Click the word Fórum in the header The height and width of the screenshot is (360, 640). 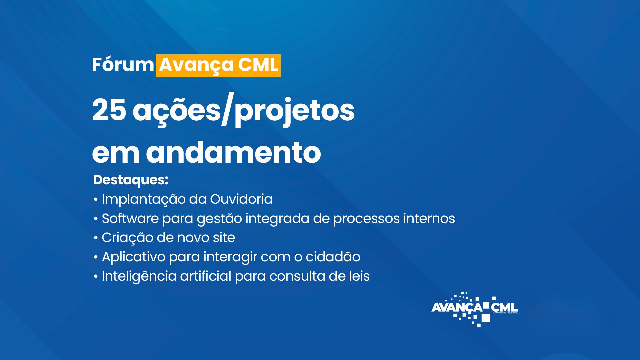click(x=123, y=65)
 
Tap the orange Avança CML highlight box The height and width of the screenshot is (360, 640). click(x=218, y=66)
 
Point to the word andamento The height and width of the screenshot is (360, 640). click(x=233, y=153)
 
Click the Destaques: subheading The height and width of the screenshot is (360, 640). click(x=131, y=180)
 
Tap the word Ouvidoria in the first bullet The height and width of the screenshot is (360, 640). click(x=241, y=199)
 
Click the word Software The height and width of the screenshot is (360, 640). click(x=130, y=219)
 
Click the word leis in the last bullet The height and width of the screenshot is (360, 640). click(x=360, y=276)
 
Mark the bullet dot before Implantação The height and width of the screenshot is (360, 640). click(x=96, y=200)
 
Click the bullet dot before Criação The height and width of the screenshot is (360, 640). click(x=96, y=238)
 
